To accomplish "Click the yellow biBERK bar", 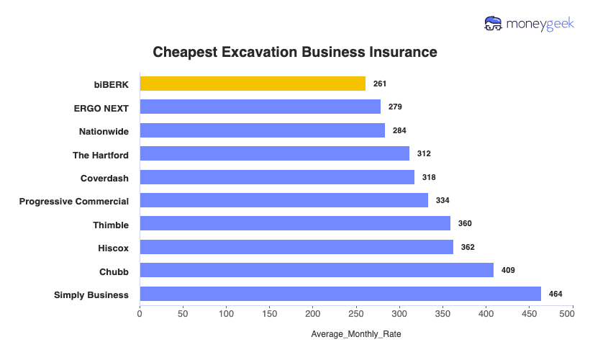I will tap(253, 84).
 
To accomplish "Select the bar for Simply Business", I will tap(340, 294).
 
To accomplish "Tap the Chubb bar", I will tap(317, 270).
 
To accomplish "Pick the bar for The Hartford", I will tap(274, 153).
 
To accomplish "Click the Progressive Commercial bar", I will tap(283, 200).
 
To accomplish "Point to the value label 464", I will tap(555, 294).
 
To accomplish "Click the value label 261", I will tap(380, 84).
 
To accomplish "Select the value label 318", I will tap(429, 177).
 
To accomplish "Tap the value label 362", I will tap(467, 247).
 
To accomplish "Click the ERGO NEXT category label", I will tap(101, 107).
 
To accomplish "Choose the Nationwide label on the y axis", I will tap(104, 131).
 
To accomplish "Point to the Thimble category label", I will tap(111, 225).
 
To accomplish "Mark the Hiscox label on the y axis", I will tap(113, 248).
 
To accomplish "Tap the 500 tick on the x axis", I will tap(573, 314).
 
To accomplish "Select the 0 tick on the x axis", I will tap(140, 314).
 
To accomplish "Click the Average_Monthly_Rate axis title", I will tap(356, 335).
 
